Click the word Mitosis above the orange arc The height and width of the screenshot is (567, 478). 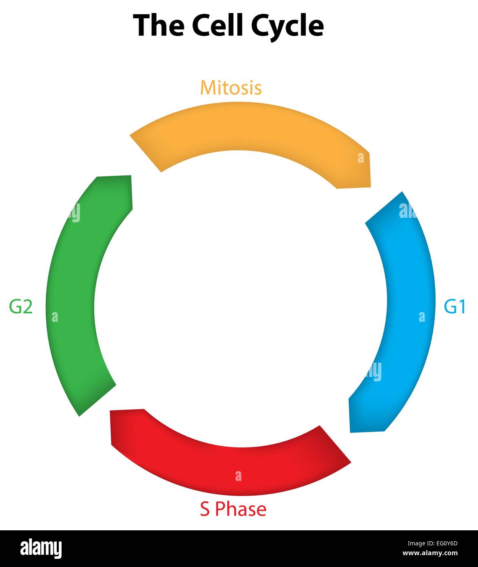click(x=230, y=88)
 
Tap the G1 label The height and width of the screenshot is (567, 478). click(x=454, y=307)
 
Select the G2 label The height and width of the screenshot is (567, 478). click(x=21, y=307)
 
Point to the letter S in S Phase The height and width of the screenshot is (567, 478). click(x=205, y=509)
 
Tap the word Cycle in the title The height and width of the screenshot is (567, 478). click(x=287, y=25)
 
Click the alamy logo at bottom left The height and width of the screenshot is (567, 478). click(x=41, y=549)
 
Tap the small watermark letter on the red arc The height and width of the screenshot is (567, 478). click(x=238, y=476)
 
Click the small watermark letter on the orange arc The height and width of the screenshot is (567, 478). click(x=361, y=158)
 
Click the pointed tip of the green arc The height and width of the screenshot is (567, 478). click(x=80, y=415)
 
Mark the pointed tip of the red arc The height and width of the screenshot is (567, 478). click(x=350, y=463)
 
